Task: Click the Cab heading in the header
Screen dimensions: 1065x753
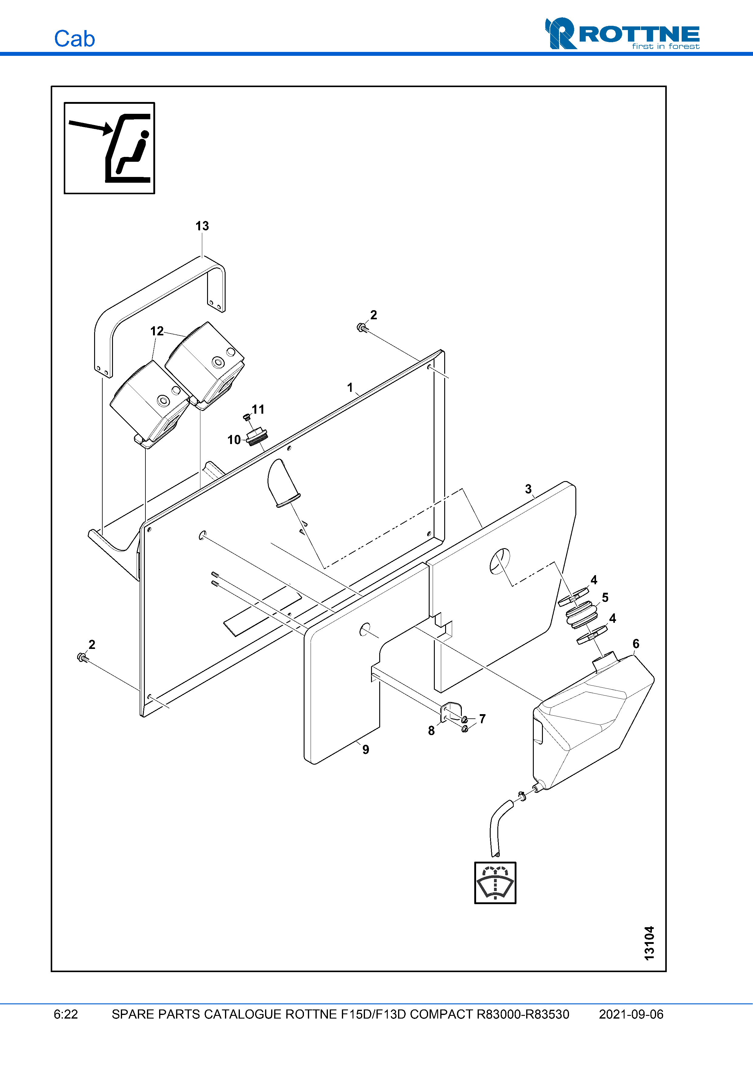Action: (x=74, y=39)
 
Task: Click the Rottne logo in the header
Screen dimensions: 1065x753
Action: (x=622, y=33)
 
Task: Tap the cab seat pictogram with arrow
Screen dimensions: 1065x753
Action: (x=110, y=148)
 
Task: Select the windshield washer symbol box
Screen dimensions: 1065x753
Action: (x=495, y=883)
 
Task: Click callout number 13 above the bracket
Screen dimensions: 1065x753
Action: (x=202, y=226)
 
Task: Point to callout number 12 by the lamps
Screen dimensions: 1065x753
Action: (x=157, y=331)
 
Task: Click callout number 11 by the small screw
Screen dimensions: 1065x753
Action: (x=258, y=409)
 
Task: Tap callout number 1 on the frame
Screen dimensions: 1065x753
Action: (x=350, y=387)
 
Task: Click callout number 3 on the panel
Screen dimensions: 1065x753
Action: (x=528, y=489)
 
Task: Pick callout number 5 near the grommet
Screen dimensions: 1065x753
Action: (x=605, y=597)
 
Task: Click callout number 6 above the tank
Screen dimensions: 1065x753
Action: (x=635, y=643)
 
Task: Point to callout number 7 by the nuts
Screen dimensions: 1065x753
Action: (x=482, y=718)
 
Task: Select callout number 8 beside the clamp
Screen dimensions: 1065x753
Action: (x=431, y=731)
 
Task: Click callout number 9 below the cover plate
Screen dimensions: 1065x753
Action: (x=366, y=750)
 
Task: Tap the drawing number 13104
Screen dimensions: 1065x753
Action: (x=649, y=943)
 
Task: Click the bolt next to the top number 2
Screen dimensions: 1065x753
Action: (x=362, y=328)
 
